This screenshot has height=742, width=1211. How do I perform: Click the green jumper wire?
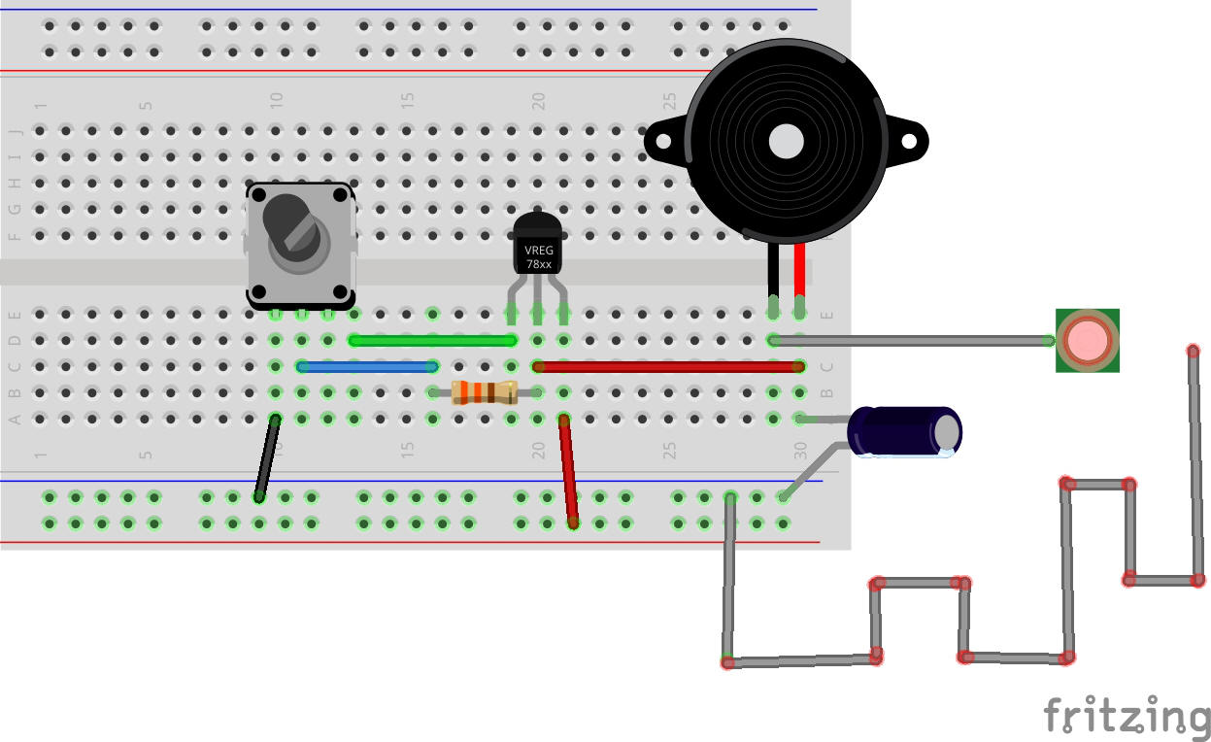pos(432,340)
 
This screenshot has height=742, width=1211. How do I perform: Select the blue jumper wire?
pos(367,366)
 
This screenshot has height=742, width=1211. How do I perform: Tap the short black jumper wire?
pos(266,457)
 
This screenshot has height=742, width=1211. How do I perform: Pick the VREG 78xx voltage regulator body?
pos(537,248)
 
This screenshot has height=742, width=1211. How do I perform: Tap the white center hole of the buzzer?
pos(786,142)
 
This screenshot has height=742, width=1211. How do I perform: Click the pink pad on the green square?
pos(1087,340)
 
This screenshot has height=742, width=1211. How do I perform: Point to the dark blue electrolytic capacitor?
pos(903,430)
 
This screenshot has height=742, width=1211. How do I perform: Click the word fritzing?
pos(1127,717)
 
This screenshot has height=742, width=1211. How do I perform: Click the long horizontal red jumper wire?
pos(667,366)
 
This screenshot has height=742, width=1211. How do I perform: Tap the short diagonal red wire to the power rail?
pos(568,471)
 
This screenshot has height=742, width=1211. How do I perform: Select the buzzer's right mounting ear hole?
pos(910,143)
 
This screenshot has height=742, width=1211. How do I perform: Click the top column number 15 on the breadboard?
pos(408,100)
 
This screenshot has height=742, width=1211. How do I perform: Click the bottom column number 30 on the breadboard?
pos(800,451)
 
